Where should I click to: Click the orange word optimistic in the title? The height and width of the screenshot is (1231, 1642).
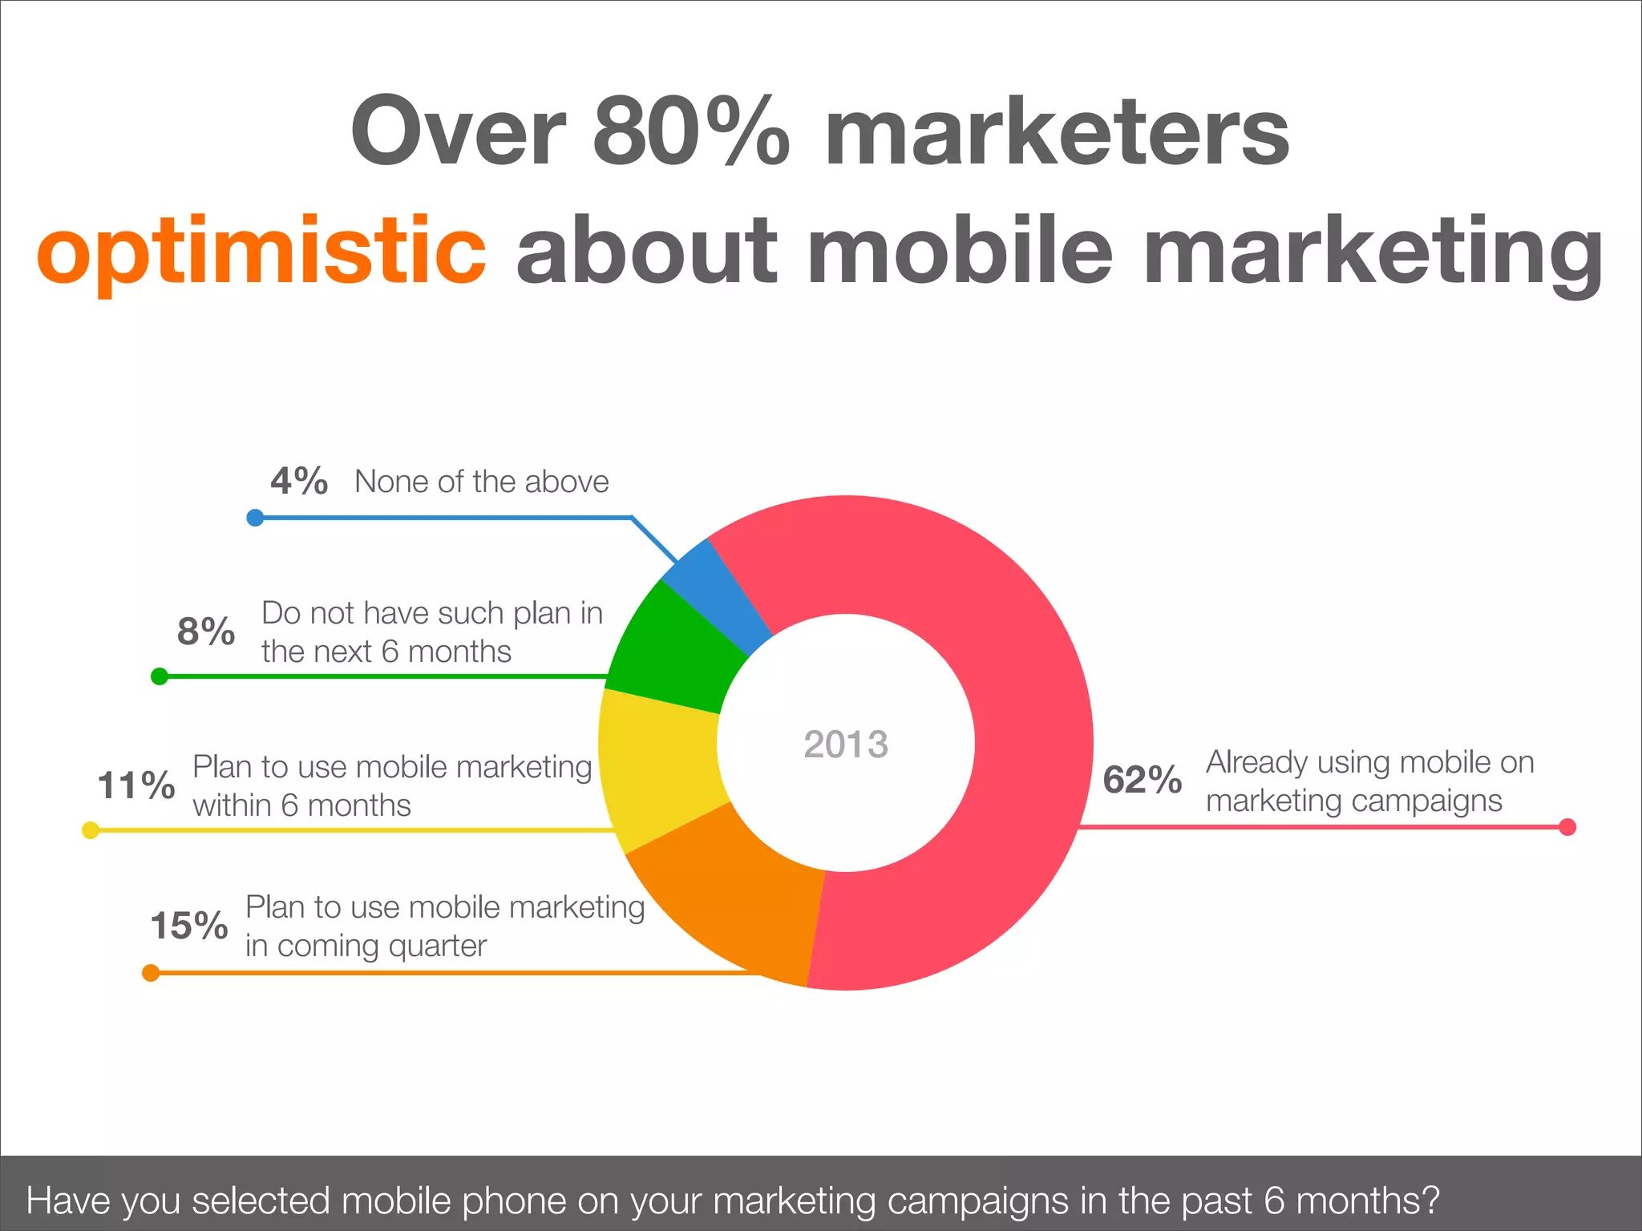[261, 250]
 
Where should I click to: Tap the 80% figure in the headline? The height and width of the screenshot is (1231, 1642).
[691, 131]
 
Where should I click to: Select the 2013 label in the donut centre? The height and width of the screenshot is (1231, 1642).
[846, 745]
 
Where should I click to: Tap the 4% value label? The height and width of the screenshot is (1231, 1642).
[299, 481]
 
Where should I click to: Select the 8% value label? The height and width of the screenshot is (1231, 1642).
[206, 632]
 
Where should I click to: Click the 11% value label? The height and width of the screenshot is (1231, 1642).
[135, 785]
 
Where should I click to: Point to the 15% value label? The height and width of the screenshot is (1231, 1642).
[189, 926]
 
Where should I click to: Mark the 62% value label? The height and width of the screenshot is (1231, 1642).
[1142, 780]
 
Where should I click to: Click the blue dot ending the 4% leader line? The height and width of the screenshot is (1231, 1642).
[255, 518]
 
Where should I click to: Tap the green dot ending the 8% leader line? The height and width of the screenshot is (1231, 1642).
[160, 677]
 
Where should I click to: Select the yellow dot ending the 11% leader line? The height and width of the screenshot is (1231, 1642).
[91, 830]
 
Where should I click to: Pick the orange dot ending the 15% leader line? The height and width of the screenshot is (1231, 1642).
[150, 973]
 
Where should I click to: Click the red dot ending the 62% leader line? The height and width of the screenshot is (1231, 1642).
[1567, 827]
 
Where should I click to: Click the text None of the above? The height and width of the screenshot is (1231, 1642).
[482, 482]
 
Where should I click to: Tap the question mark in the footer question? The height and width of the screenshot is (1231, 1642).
[1429, 1201]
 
